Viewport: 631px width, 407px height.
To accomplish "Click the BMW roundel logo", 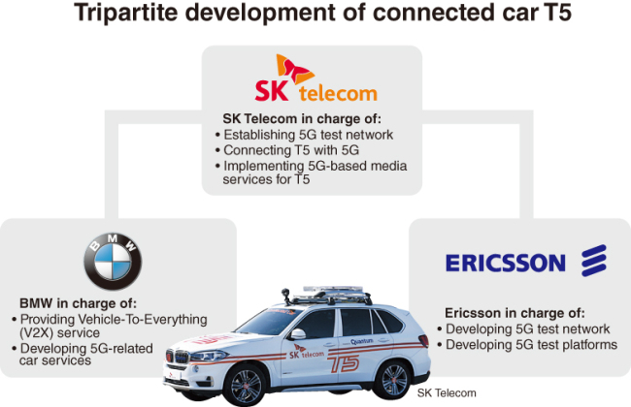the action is tap(113, 261).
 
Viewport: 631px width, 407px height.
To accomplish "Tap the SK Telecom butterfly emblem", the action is tap(294, 69).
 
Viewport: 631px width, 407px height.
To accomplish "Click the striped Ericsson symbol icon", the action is tap(593, 261).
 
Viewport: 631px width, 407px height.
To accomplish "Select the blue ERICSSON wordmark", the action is tap(506, 264).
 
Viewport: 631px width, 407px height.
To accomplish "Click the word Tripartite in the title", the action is tap(126, 13).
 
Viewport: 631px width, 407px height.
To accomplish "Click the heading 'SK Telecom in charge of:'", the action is tap(302, 119).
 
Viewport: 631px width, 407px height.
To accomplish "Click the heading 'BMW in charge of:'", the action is tap(78, 303).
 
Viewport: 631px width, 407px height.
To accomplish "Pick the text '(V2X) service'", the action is tap(59, 333).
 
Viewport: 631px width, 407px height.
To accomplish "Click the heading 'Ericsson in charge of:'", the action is tap(515, 313).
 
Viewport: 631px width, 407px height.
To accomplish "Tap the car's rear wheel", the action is tap(393, 380).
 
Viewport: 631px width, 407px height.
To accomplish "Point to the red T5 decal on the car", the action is tap(344, 363).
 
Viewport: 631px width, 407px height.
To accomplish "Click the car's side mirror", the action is tap(297, 334).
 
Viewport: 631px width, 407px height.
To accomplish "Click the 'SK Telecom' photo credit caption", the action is tap(447, 392).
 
